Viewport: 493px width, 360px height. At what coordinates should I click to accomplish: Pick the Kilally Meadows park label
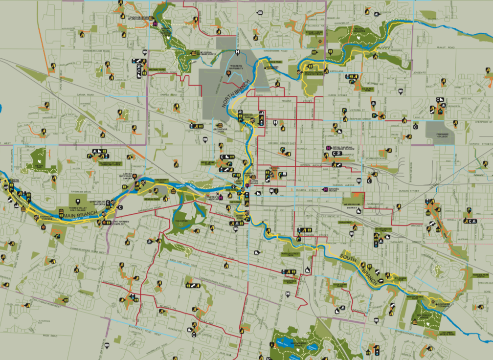tap(359, 29)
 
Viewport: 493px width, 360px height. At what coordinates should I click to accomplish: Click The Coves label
tap(182, 221)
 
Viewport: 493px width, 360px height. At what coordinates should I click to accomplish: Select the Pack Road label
tap(49, 336)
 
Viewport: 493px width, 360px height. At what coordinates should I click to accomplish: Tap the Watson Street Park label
tap(290, 255)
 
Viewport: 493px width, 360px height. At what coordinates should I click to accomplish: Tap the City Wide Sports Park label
tap(447, 334)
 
